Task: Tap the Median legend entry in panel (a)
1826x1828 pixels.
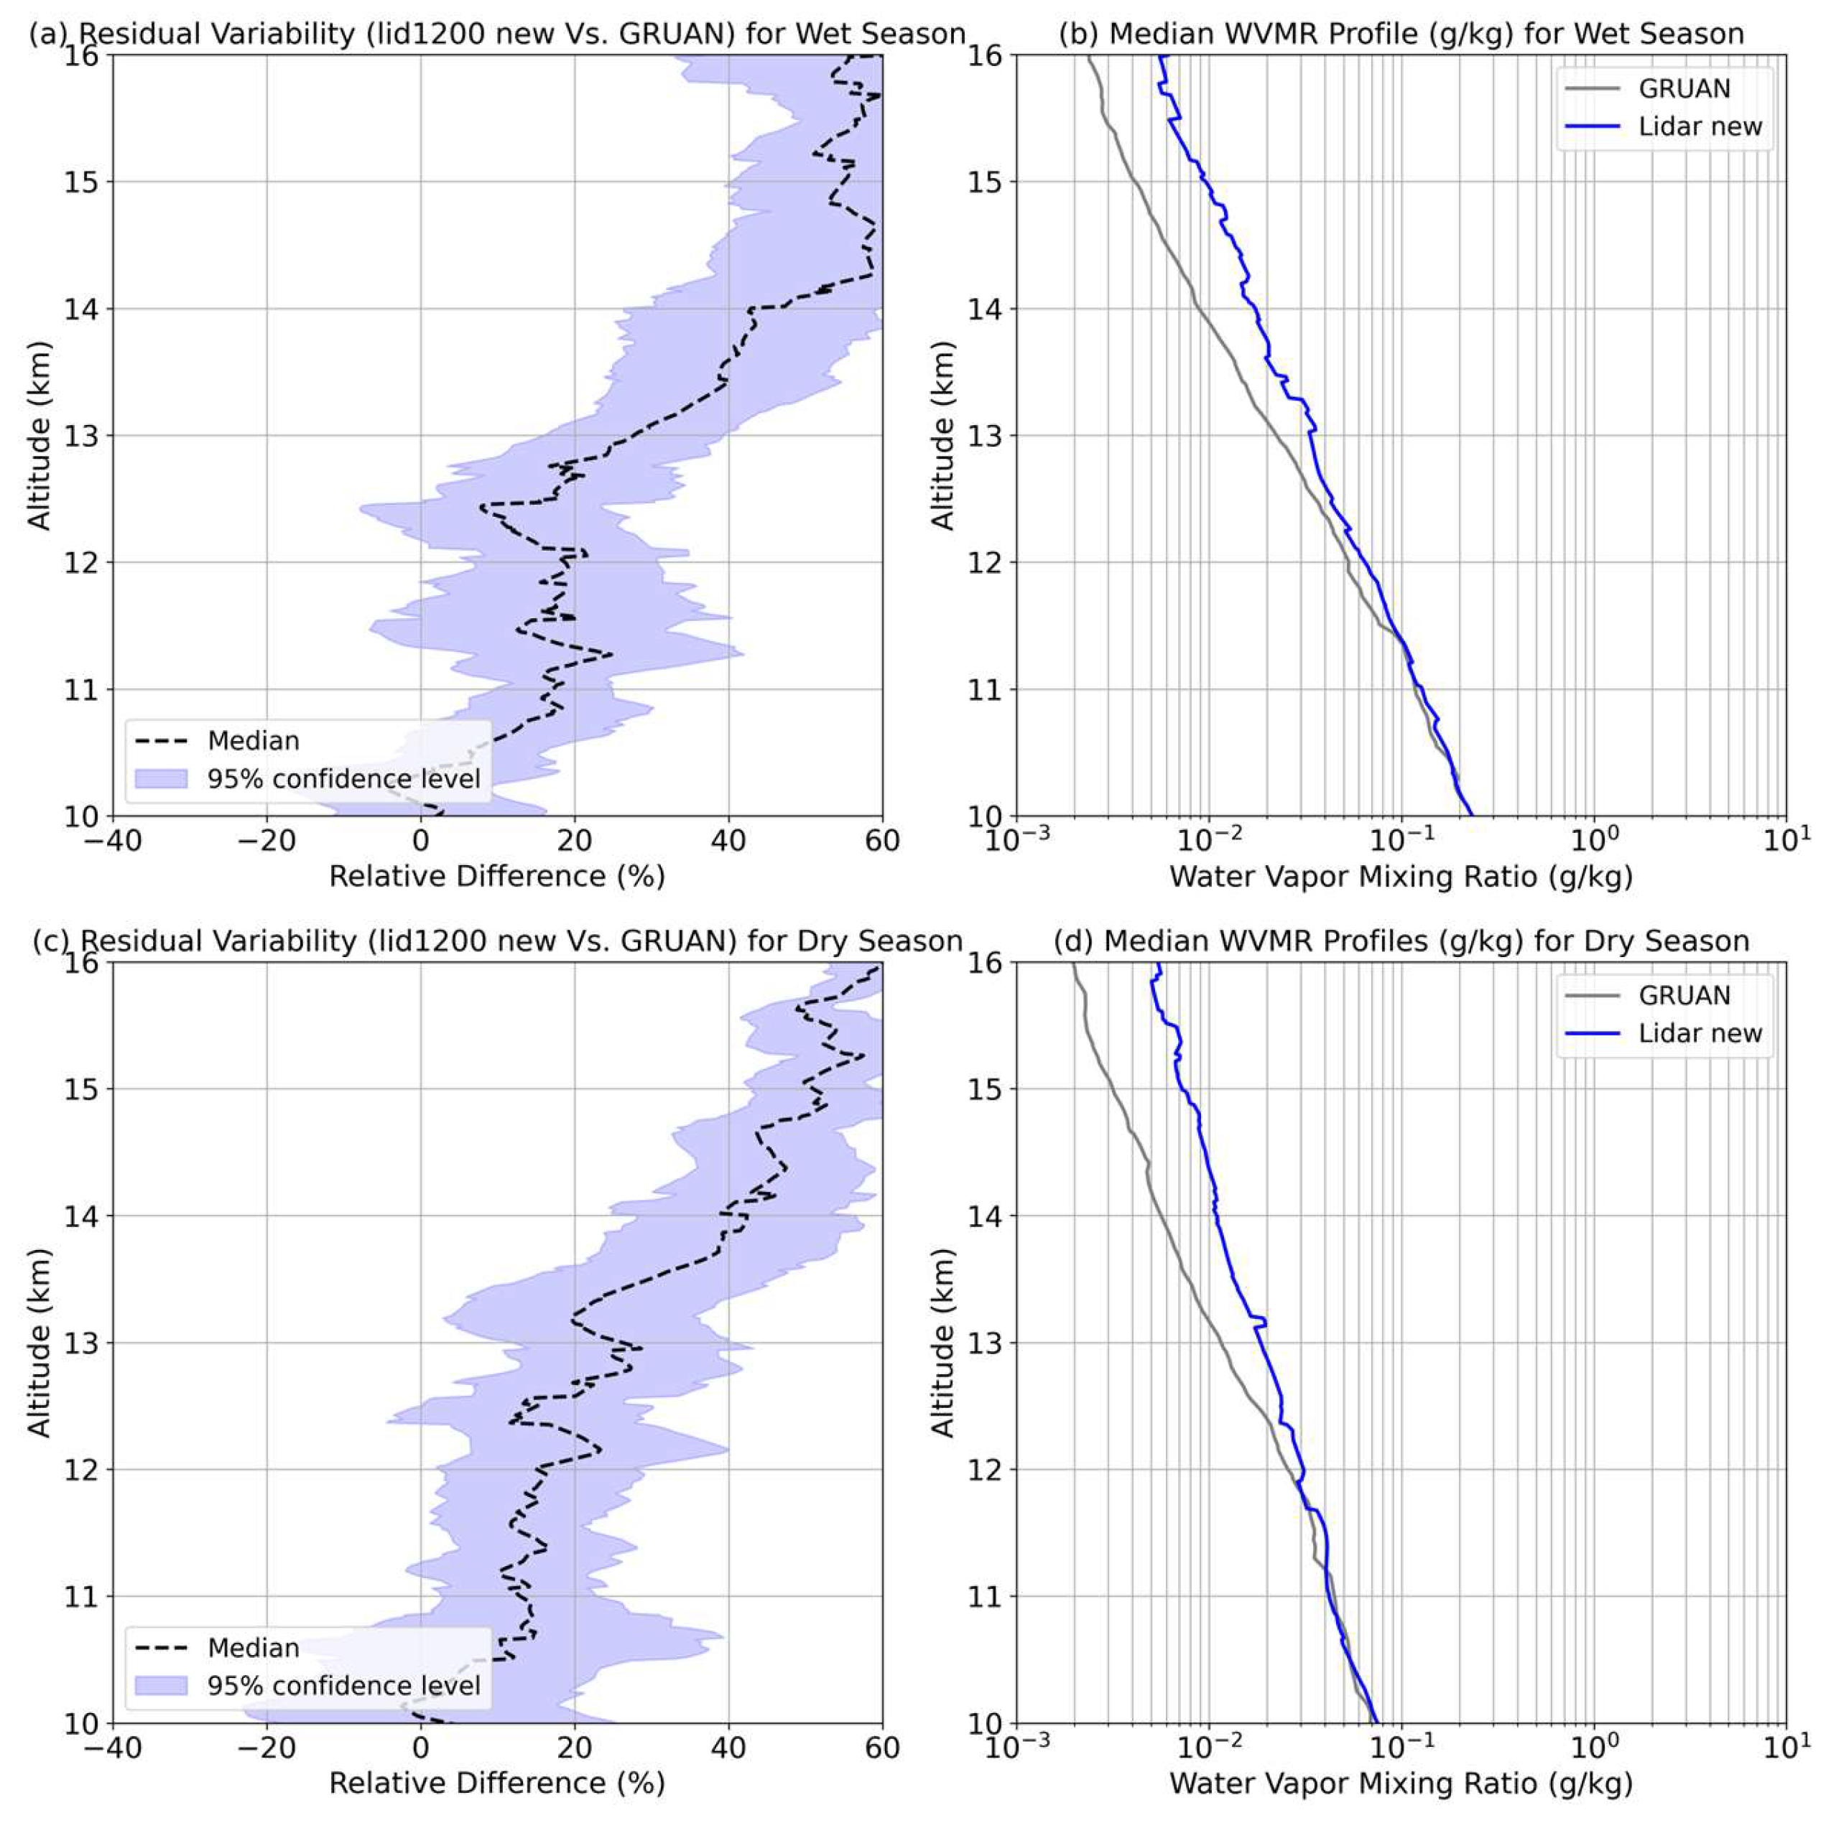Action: click(x=253, y=741)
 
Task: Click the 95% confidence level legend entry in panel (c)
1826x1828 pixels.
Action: click(x=343, y=1685)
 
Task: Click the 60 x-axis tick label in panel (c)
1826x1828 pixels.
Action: click(x=882, y=1747)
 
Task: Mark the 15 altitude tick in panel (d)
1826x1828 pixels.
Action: click(x=990, y=1089)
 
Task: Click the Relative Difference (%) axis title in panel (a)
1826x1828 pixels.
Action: click(x=497, y=876)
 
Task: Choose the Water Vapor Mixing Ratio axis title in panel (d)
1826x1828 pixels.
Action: click(x=1401, y=1783)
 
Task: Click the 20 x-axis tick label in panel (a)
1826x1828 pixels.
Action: click(x=575, y=840)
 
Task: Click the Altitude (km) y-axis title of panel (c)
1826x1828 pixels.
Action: click(x=38, y=1343)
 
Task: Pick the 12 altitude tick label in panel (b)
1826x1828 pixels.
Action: click(x=990, y=563)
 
